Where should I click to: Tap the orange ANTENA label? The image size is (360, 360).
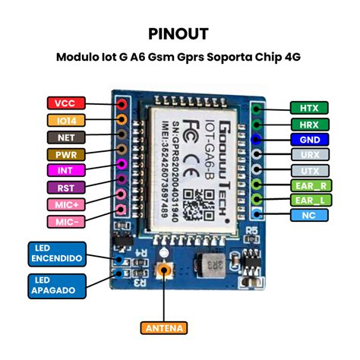(163, 328)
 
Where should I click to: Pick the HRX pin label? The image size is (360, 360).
(309, 125)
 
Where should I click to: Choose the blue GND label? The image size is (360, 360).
(309, 140)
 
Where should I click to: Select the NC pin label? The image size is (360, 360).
(309, 216)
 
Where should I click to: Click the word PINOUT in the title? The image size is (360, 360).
(179, 34)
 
